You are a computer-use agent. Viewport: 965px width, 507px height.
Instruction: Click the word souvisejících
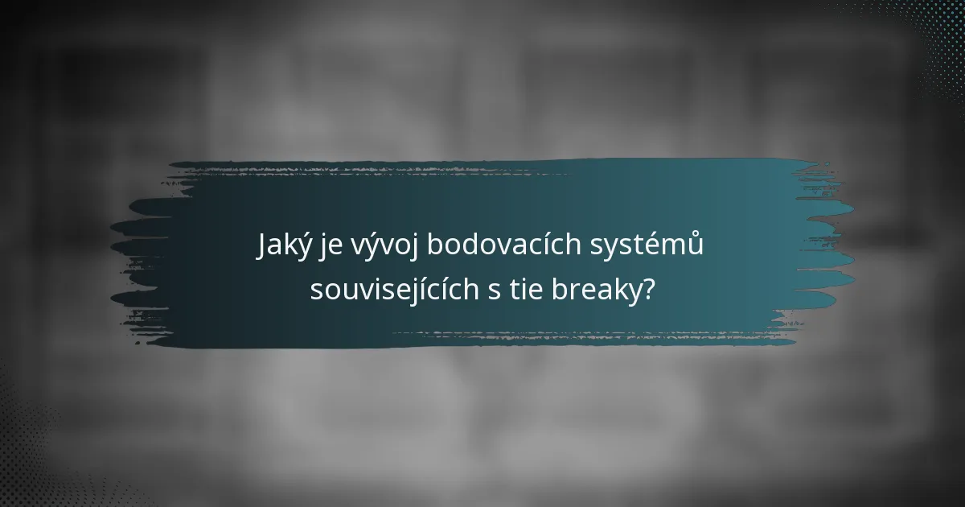394,290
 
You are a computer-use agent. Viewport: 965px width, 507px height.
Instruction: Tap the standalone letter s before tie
493,291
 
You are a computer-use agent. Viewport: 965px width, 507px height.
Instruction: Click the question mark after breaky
646,290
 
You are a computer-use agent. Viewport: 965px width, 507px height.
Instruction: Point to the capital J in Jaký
262,245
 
